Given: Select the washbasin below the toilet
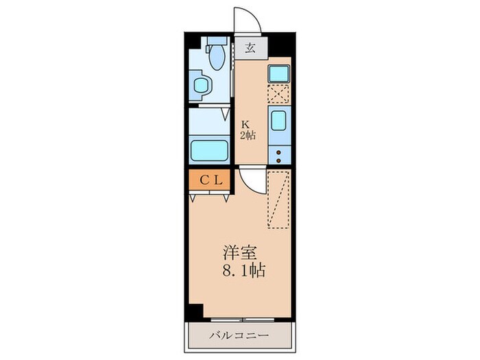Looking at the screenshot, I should (x=201, y=86).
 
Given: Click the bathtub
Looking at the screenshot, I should (x=208, y=149).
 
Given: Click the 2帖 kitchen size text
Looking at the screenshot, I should (x=247, y=135).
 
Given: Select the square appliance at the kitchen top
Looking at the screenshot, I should (x=278, y=73).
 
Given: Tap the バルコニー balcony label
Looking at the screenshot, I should (x=239, y=337).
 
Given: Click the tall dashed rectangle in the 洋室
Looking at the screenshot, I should (x=278, y=198).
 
